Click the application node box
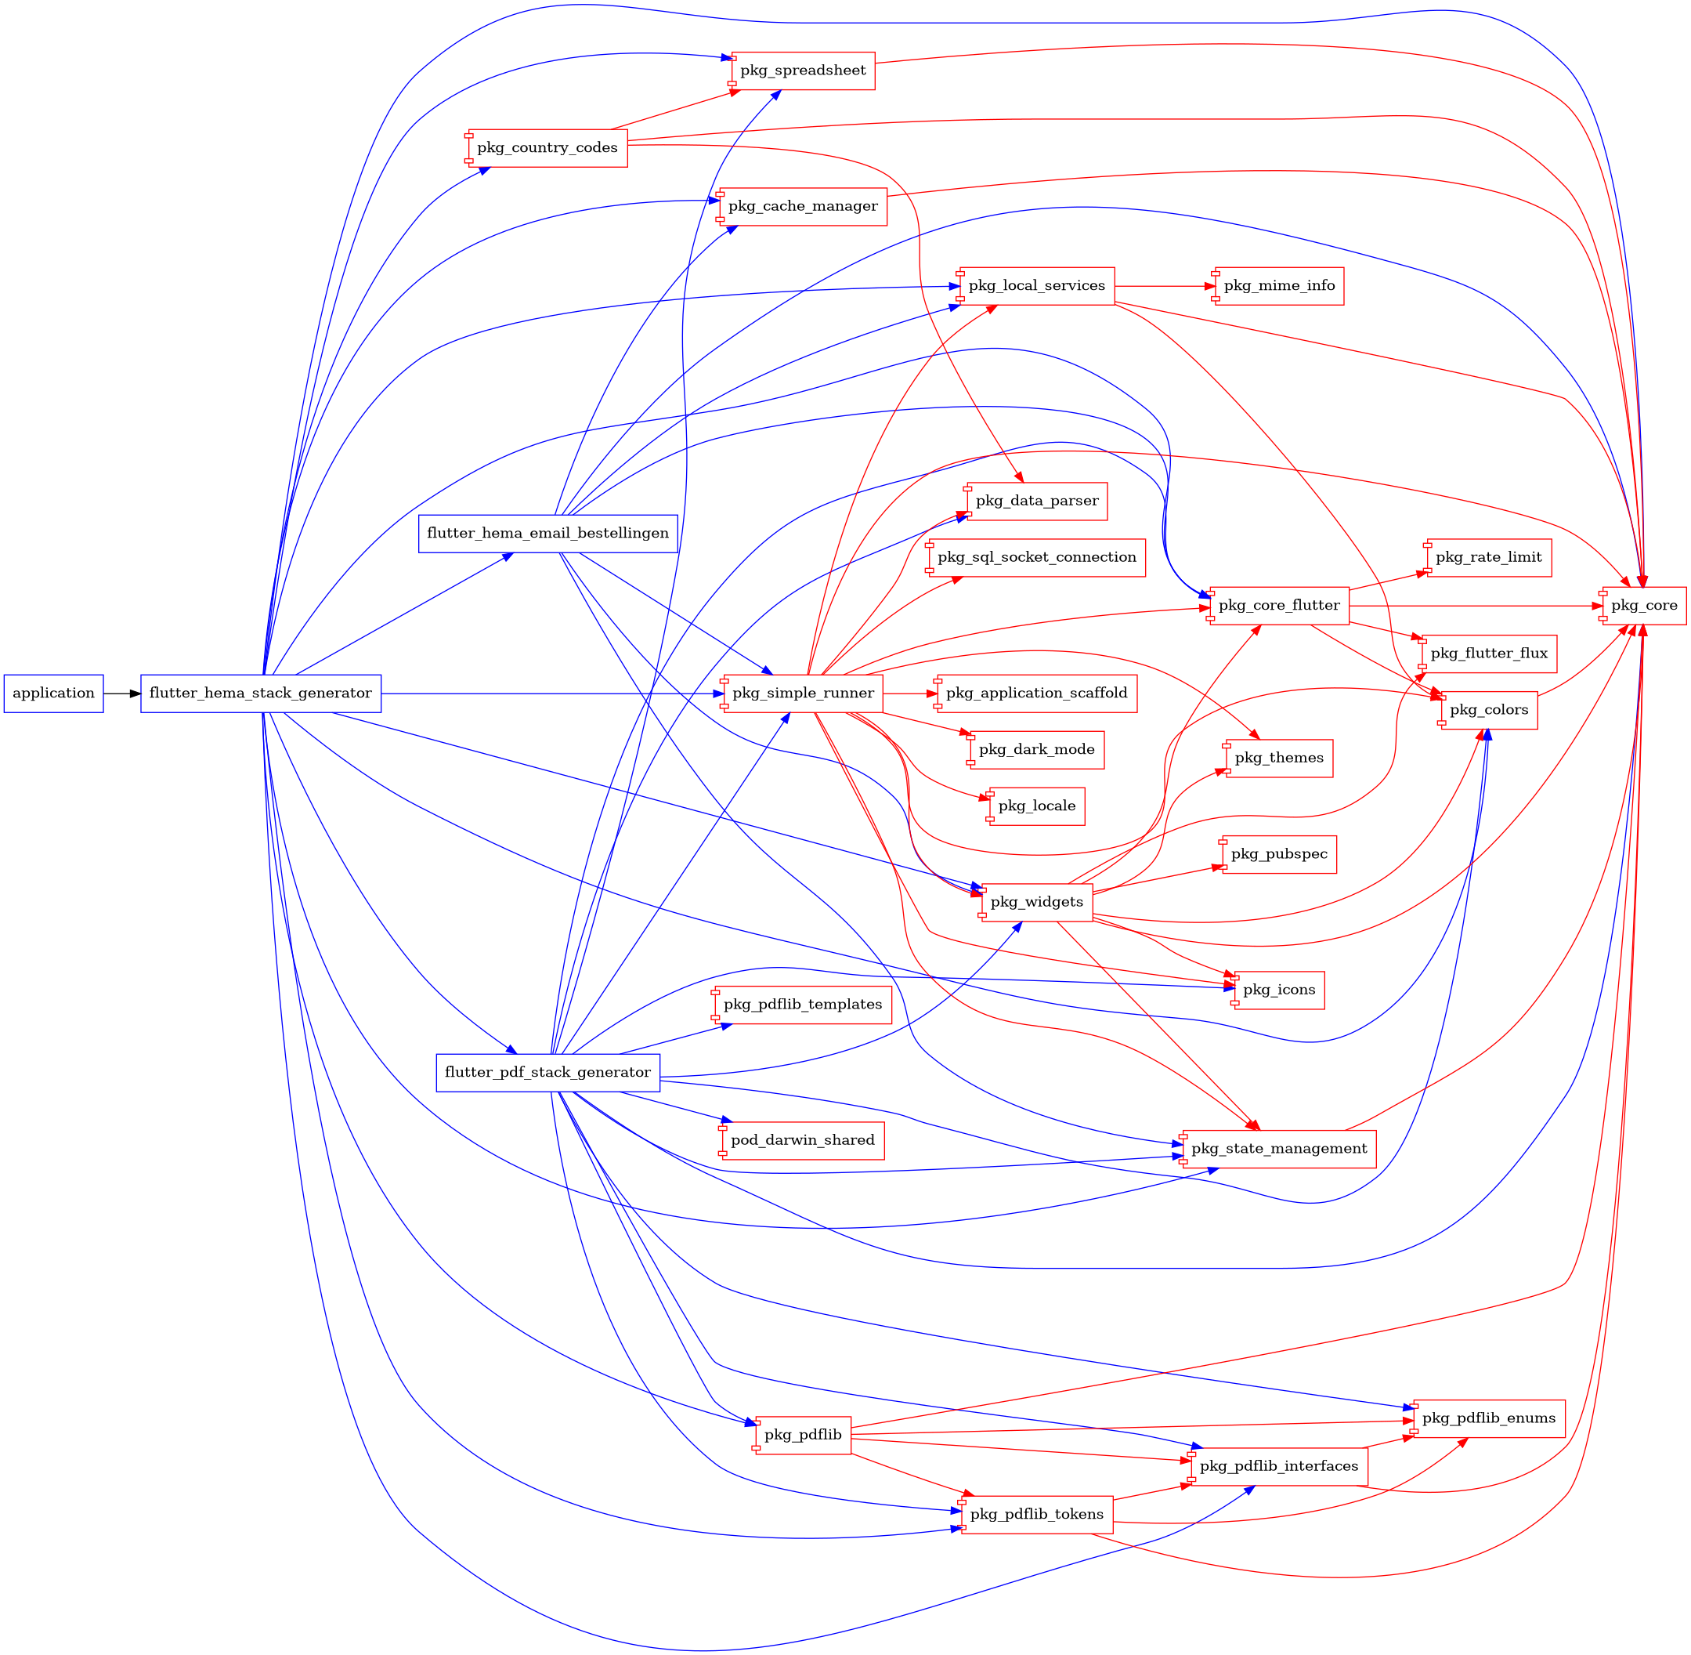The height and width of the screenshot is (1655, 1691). pos(54,694)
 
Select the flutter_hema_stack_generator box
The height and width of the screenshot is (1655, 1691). pos(261,694)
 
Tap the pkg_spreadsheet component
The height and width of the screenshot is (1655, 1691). pos(803,71)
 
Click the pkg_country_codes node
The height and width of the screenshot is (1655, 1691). pos(547,148)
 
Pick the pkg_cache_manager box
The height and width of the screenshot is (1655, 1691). pos(803,207)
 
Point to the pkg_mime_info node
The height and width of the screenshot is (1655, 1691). pos(1279,286)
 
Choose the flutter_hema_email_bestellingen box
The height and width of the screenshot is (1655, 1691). pos(547,534)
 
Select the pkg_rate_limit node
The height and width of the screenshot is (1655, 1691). pos(1488,557)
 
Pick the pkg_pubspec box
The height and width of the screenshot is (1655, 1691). pos(1279,854)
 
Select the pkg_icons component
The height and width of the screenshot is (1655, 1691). pos(1279,990)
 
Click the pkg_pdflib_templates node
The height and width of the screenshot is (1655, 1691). pos(803,1005)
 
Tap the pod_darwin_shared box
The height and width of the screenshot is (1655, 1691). pos(803,1140)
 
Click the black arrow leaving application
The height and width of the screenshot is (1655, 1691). pos(121,694)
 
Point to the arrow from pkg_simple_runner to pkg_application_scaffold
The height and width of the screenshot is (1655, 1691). pos(909,694)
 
